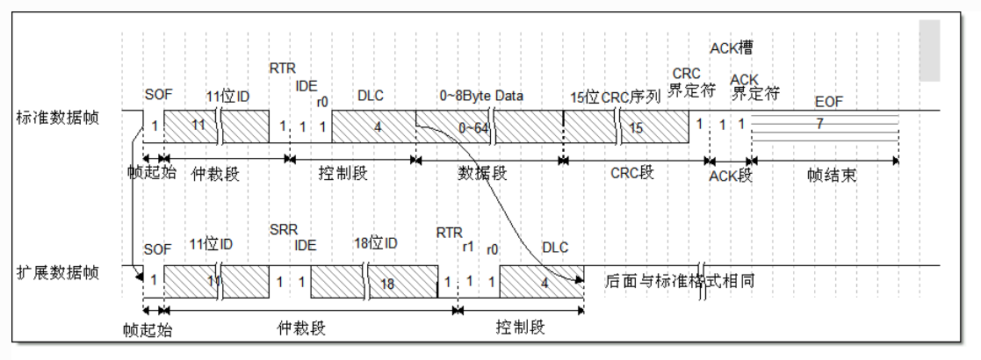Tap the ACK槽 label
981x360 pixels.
point(731,47)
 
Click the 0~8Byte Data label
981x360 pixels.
point(481,95)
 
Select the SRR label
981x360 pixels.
point(284,229)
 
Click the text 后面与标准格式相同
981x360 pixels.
point(680,282)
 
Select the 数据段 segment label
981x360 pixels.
point(484,173)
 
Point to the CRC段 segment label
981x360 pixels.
point(633,173)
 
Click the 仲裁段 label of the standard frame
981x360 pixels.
point(215,173)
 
